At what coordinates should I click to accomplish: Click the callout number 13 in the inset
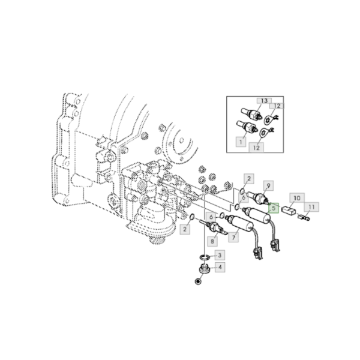pos(265,102)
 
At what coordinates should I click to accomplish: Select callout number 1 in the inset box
pos(241,142)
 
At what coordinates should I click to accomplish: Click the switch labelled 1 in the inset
pos(247,128)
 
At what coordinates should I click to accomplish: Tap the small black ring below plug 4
pos(199,281)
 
